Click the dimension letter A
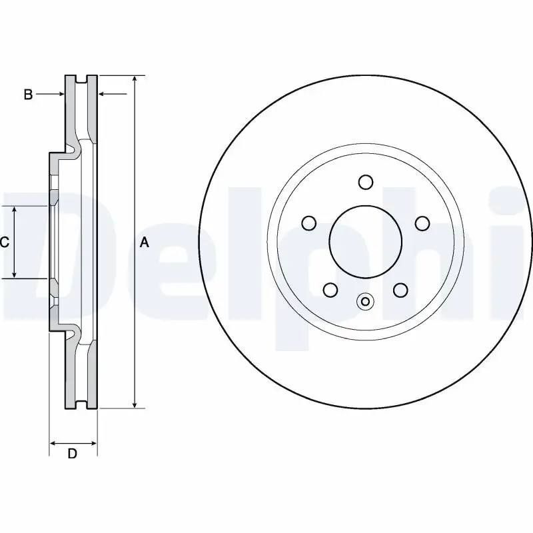click(145, 243)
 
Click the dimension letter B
click(28, 94)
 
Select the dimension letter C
click(5, 243)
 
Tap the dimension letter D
click(73, 454)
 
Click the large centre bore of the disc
click(365, 242)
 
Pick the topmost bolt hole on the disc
click(365, 182)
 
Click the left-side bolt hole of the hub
click(309, 223)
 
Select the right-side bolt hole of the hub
click(422, 223)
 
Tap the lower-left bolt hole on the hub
click(330, 290)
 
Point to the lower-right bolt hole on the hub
click(400, 290)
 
